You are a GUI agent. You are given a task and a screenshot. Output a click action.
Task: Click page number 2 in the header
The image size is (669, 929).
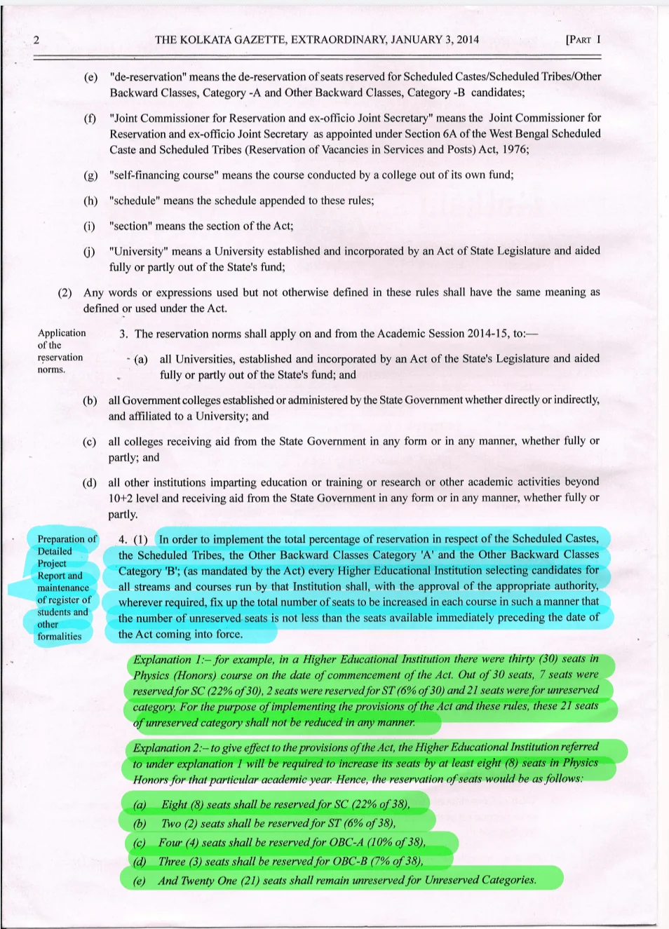(x=36, y=40)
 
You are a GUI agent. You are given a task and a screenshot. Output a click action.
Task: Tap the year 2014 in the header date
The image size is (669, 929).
(x=468, y=39)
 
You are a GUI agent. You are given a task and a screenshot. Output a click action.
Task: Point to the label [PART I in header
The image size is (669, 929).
(x=583, y=39)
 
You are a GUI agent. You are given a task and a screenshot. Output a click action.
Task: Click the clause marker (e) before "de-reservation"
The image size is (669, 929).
(x=90, y=76)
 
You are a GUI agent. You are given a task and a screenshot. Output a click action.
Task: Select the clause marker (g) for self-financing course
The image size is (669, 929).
(x=90, y=175)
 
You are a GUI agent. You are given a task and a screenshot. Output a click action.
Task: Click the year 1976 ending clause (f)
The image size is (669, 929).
(x=514, y=149)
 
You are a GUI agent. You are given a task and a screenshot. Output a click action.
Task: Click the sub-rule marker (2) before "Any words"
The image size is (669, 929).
(x=65, y=292)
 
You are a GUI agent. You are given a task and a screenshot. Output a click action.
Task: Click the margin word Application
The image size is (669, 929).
(x=62, y=333)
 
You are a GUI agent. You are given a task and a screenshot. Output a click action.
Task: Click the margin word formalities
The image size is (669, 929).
(x=60, y=637)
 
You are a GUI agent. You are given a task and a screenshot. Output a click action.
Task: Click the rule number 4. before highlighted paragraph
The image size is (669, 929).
(x=123, y=539)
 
